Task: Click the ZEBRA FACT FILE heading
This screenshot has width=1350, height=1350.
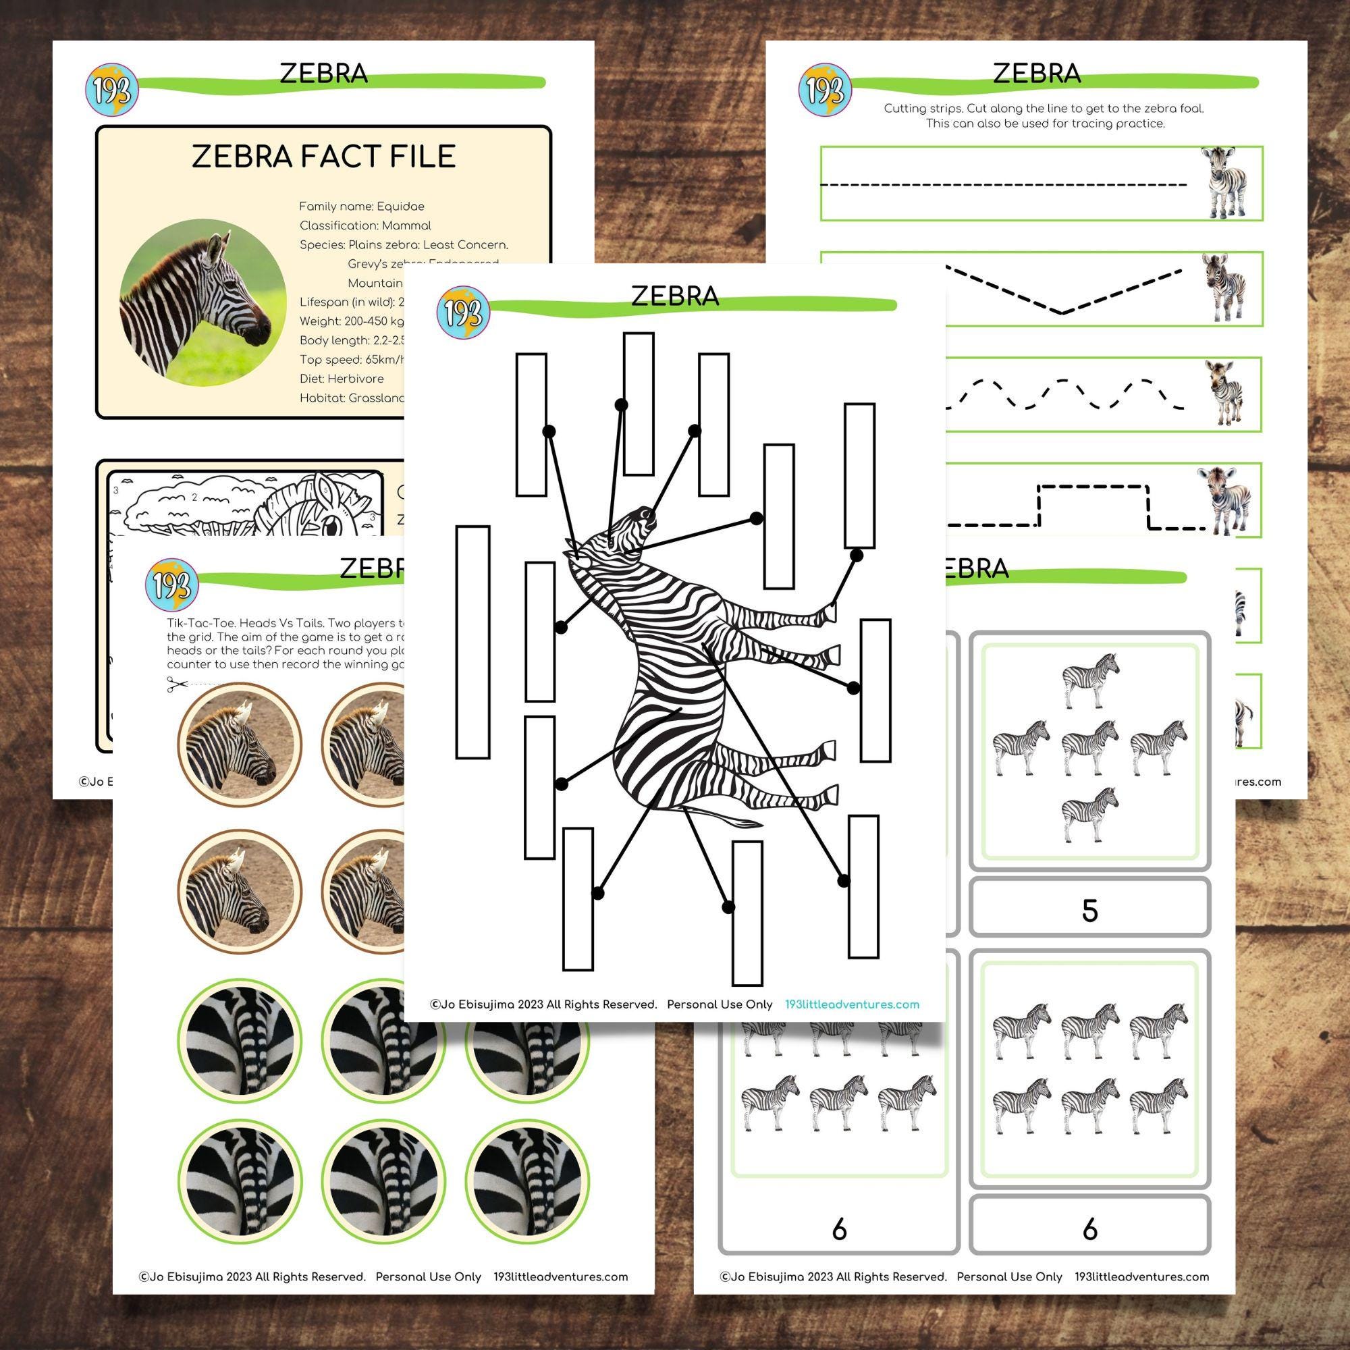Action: point(323,156)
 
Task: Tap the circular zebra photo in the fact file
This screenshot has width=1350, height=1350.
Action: point(202,303)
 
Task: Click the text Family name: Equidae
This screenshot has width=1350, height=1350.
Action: point(361,207)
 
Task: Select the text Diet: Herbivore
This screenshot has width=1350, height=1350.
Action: point(342,379)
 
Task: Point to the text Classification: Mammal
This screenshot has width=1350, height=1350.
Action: point(364,225)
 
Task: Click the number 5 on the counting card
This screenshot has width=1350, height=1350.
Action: point(1089,911)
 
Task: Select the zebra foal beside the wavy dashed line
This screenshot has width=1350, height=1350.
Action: point(1223,393)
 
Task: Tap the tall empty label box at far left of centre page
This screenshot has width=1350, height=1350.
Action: point(473,642)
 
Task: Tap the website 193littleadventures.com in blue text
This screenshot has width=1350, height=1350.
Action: point(852,1005)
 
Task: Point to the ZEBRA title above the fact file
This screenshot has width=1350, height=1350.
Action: point(323,74)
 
